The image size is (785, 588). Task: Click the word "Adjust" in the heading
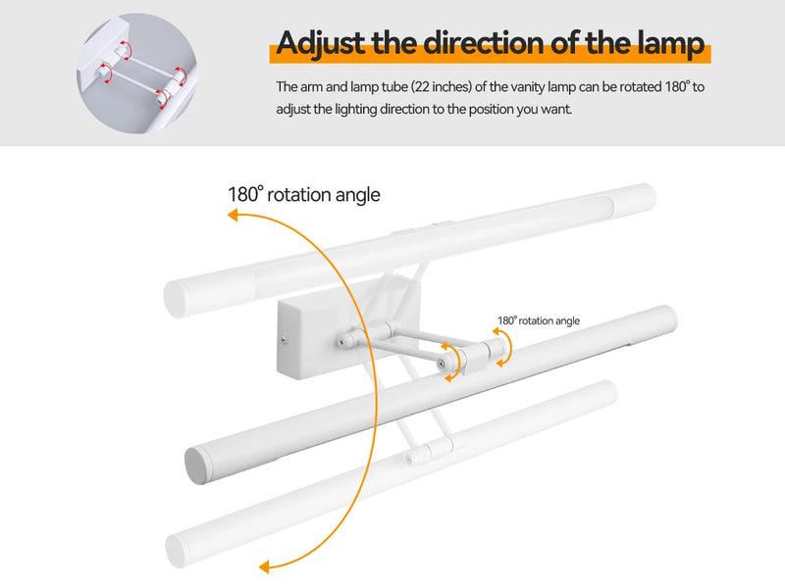point(321,43)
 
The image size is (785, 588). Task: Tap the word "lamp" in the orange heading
point(671,44)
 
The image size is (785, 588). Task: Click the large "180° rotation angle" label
point(304,194)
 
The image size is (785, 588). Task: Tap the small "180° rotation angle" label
point(539,320)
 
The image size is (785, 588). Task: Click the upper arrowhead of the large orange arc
point(234,215)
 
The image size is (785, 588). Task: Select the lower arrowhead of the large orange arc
point(264,566)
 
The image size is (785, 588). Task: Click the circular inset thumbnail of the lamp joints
point(136,73)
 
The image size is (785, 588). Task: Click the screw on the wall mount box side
point(285,341)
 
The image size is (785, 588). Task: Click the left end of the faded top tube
point(175,299)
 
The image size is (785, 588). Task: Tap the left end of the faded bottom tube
point(177,550)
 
